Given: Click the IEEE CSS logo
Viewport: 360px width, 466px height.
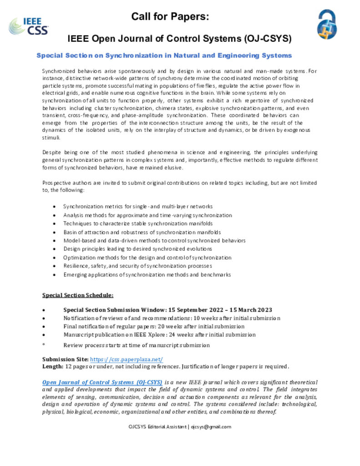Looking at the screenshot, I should click(x=28, y=26).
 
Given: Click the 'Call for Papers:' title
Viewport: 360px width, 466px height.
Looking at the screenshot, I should click(x=170, y=17).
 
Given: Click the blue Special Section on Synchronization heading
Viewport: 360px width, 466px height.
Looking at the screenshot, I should click(x=164, y=56).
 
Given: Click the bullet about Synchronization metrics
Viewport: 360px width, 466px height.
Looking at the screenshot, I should click(x=137, y=207).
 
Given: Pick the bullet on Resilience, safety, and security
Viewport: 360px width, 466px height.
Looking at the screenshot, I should click(x=137, y=266).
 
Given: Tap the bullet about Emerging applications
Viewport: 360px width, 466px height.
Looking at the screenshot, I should click(x=147, y=274).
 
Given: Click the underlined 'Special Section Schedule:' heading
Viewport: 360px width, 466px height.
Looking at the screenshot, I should click(x=78, y=295).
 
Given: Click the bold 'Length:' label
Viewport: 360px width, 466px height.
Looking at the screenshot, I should click(x=53, y=366).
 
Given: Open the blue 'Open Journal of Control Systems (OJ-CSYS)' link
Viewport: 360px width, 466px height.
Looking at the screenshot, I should click(x=102, y=382).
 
